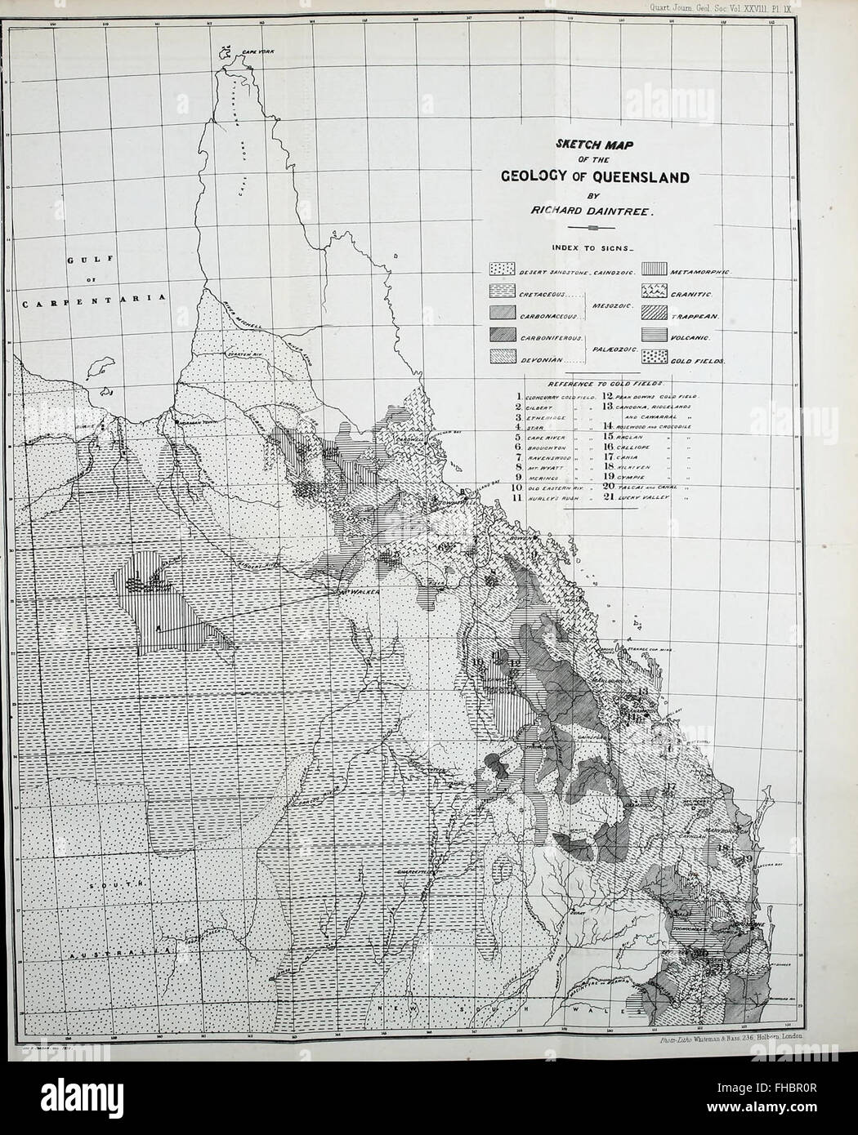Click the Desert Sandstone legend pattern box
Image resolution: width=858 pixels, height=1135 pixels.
pos(502,269)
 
